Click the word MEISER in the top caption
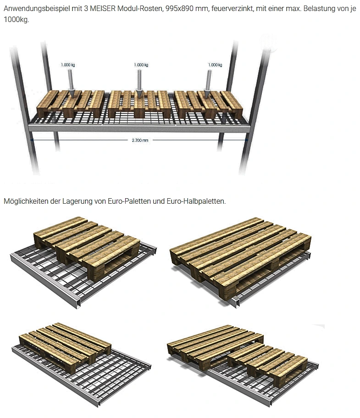point(103,9)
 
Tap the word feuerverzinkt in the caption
point(233,9)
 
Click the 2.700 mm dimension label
point(140,140)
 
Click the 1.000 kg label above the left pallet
point(68,65)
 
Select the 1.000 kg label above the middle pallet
point(141,65)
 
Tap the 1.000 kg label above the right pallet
point(215,65)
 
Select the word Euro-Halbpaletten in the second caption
point(196,201)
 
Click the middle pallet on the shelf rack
point(139,104)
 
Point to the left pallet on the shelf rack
point(71,104)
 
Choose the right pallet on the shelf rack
point(208,105)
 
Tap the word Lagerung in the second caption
point(77,201)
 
